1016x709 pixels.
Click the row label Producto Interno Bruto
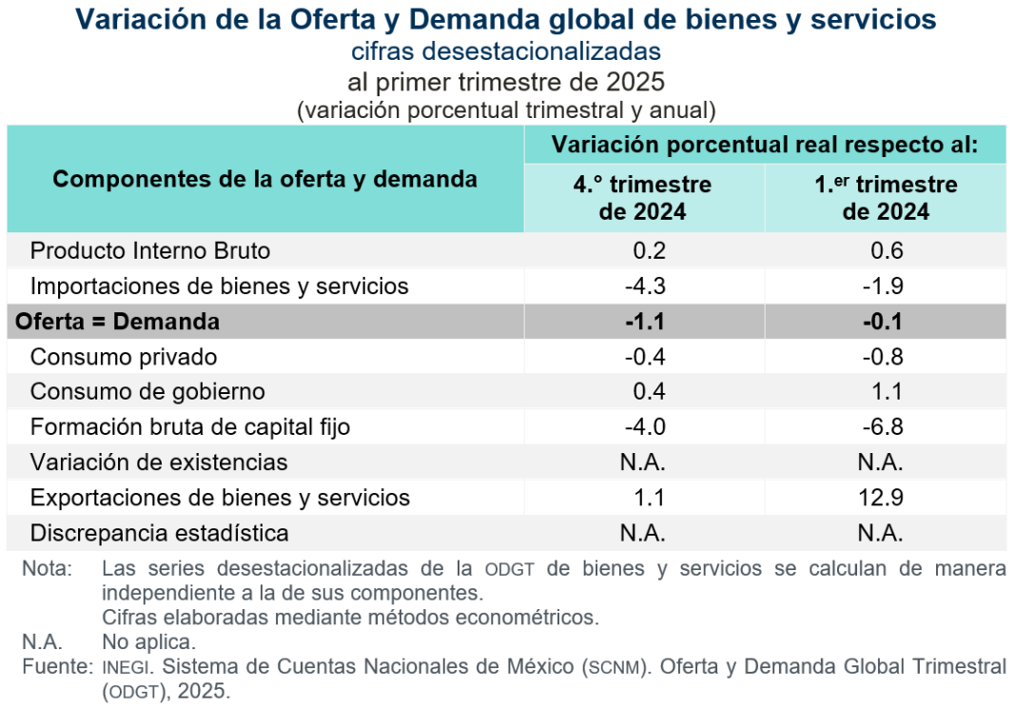pyautogui.click(x=150, y=251)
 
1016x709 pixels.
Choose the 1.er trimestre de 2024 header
pyautogui.click(x=886, y=197)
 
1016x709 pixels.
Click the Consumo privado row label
pyautogui.click(x=124, y=357)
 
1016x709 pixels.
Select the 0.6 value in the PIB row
pyautogui.click(x=887, y=251)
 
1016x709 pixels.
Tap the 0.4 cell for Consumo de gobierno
pyautogui.click(x=649, y=392)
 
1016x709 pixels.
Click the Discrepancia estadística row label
pyautogui.click(x=160, y=533)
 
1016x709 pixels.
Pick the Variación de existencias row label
pyautogui.click(x=159, y=463)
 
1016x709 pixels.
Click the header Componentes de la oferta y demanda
pyautogui.click(x=264, y=179)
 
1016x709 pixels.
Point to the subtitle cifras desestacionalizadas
pyautogui.click(x=506, y=50)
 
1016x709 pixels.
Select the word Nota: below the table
pyautogui.click(x=48, y=569)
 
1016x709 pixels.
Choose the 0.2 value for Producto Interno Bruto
pyautogui.click(x=649, y=251)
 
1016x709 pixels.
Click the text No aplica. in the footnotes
pyautogui.click(x=148, y=641)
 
